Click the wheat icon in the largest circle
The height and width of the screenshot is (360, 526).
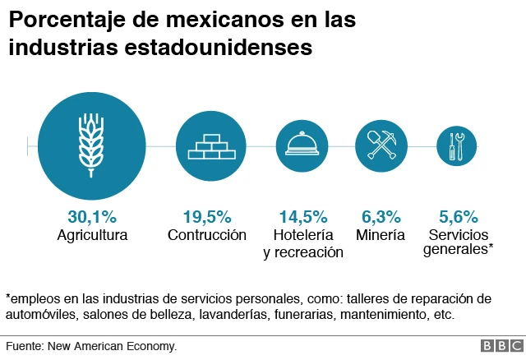(91, 145)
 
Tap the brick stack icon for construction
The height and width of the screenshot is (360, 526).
(212, 145)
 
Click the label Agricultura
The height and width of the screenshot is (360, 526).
(92, 235)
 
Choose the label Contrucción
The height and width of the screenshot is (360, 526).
(207, 235)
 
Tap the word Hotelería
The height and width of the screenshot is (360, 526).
(303, 235)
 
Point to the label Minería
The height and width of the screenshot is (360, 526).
(381, 235)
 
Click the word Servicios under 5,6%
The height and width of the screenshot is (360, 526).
(458, 235)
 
